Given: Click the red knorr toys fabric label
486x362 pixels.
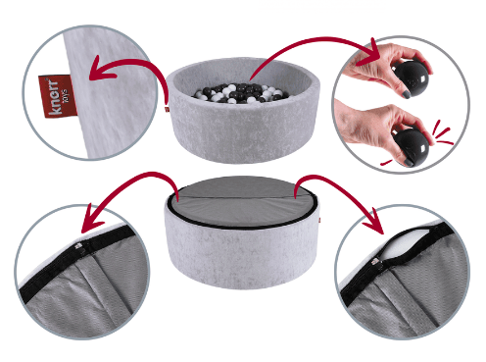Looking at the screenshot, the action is coord(58,96).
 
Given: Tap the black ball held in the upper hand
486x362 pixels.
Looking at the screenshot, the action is coord(410,78).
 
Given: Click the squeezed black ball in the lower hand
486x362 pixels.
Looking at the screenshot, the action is coord(411,146).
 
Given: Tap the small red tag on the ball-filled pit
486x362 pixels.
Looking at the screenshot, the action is coord(167,109).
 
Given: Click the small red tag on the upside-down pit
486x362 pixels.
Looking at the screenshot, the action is coord(319,220).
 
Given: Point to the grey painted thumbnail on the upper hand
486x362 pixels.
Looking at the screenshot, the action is coord(406,94).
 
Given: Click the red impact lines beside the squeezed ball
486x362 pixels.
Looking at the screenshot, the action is coord(442,133).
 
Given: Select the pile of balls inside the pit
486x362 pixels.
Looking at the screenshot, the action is coord(241,93).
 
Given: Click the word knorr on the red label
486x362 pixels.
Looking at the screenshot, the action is coord(54,98).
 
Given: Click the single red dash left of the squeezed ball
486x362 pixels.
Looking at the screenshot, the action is coord(386,162).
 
